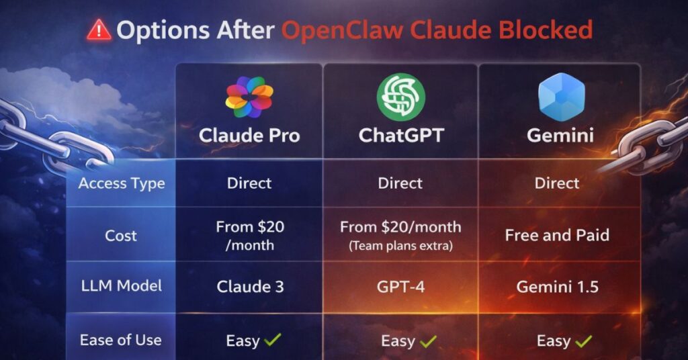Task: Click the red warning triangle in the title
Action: point(100,30)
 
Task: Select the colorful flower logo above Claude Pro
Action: point(249,97)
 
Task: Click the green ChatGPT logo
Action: point(400,97)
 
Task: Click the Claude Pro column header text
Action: point(249,136)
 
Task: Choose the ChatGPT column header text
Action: point(401,136)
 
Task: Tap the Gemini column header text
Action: point(560,136)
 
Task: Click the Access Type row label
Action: point(121,183)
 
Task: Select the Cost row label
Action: point(121,236)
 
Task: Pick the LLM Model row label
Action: point(121,287)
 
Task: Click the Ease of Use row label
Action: point(121,340)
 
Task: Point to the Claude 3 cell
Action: point(250,287)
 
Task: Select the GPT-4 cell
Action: point(400,287)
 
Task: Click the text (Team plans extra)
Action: point(400,246)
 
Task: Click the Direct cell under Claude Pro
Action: point(249,183)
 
